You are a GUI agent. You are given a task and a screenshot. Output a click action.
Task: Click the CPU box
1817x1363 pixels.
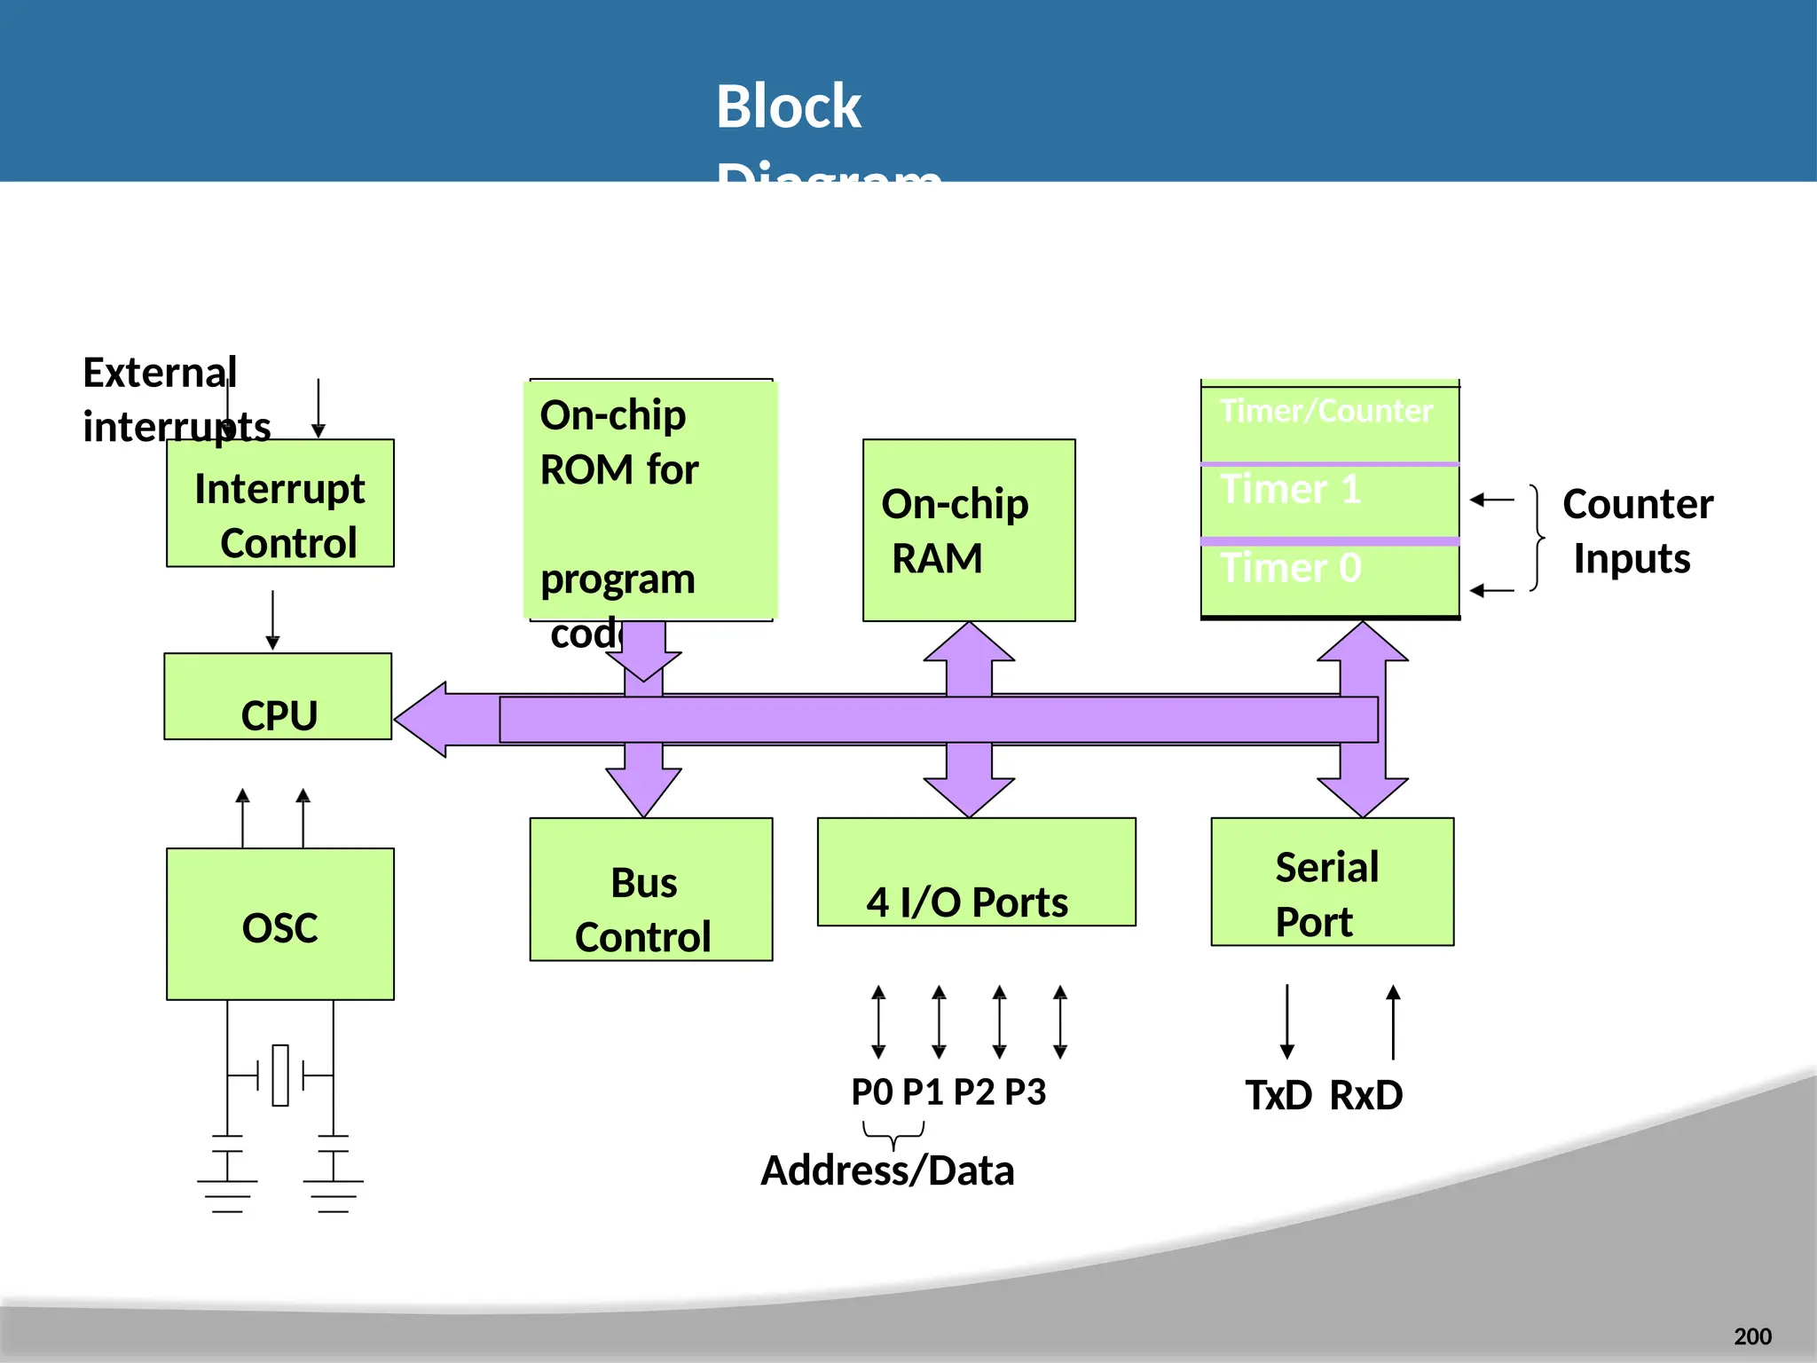coord(278,697)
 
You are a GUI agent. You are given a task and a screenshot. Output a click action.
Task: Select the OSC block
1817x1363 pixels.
coord(280,925)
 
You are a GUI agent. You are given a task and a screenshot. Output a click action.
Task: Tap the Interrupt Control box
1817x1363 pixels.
coord(280,504)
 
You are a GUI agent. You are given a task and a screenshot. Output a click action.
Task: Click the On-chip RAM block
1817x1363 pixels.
coord(969,531)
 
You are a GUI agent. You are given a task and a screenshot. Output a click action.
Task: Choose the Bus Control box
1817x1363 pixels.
coord(651,889)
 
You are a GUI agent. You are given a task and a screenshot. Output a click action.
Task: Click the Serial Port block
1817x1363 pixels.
coord(1332,882)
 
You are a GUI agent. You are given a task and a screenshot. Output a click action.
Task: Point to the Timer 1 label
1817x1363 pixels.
coord(1291,490)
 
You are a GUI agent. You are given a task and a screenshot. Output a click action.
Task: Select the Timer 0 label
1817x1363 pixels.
coord(1291,568)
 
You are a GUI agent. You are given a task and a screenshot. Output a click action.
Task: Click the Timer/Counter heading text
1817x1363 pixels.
coord(1326,411)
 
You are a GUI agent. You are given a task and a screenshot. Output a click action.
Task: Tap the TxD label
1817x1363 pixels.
coord(1278,1096)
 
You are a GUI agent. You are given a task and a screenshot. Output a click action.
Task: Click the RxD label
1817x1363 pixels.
coord(1366,1096)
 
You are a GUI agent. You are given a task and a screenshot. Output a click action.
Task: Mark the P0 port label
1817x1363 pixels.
coord(872,1092)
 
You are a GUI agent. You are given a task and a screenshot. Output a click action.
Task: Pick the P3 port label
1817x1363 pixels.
coord(1026,1092)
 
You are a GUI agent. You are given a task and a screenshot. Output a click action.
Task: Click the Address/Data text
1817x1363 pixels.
coord(887,1171)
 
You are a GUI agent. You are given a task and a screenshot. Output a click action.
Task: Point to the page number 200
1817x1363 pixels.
coord(1752,1336)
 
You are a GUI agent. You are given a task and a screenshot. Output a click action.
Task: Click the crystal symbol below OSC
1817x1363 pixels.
coord(280,1075)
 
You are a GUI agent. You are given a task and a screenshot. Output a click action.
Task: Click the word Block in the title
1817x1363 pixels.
coord(788,106)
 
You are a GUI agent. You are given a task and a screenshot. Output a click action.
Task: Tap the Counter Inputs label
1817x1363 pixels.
coord(1637,531)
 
